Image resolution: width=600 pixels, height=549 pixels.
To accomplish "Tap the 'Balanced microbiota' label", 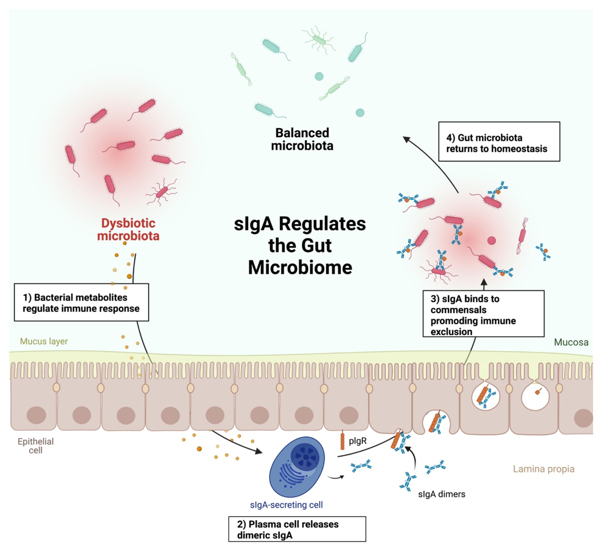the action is coord(302,139).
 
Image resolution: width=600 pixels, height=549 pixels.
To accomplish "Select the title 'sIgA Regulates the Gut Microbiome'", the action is coord(300,246).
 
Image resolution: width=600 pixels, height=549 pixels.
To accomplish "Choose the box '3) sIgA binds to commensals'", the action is coord(483,314).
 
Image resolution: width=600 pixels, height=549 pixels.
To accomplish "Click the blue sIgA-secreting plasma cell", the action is coord(297,466).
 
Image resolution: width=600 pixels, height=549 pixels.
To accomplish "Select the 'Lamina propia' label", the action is coord(544,469).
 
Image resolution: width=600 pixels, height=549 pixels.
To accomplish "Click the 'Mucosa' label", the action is coord(571,342).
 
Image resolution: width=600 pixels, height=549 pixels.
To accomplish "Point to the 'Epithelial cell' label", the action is coord(36,446).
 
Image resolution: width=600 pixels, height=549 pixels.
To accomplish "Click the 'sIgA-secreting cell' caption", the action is coord(286,505).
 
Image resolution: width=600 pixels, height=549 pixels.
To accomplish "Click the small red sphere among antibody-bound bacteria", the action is coord(491,240).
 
